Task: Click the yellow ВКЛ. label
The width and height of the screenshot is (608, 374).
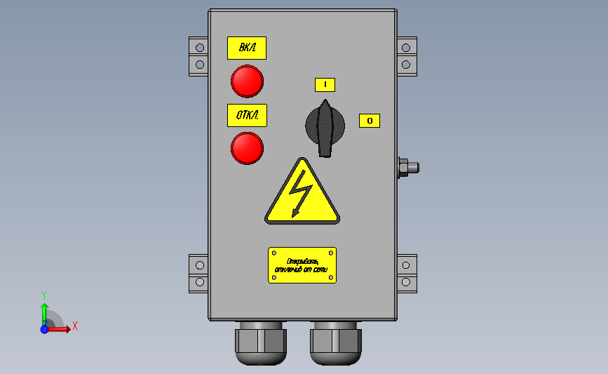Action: [247, 48]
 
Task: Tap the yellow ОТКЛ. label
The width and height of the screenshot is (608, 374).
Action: [247, 115]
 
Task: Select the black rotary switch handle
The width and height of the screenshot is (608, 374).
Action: [325, 126]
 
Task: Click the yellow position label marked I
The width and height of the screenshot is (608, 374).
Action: [325, 85]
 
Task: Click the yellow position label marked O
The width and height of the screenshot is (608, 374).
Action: [370, 121]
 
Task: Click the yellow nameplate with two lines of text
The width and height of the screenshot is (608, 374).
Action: [302, 265]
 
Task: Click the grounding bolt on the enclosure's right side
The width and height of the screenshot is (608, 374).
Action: [407, 167]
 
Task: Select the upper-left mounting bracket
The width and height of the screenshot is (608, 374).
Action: [198, 56]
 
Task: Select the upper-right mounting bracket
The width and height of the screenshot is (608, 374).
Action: [407, 56]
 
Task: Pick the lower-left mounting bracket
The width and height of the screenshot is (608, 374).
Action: [198, 274]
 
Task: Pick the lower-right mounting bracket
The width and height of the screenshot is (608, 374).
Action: [407, 274]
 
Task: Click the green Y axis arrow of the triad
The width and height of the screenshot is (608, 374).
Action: [44, 310]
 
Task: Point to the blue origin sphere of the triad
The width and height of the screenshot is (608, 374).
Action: [44, 328]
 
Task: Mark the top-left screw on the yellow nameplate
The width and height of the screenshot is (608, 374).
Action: [273, 252]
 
